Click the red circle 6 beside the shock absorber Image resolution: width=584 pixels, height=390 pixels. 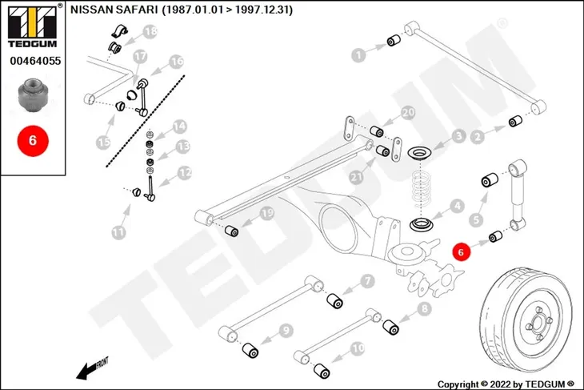click(461, 252)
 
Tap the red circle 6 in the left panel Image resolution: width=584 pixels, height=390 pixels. click(33, 141)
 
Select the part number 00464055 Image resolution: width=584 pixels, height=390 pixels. click(35, 60)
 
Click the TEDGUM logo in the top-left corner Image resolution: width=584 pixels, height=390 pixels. click(33, 26)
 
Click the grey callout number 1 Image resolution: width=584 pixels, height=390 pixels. click(358, 55)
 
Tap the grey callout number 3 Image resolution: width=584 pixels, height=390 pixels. click(459, 136)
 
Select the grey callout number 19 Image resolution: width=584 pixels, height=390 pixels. click(267, 213)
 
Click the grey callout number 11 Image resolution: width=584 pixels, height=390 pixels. click(118, 233)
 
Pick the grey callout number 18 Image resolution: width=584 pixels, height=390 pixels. click(150, 31)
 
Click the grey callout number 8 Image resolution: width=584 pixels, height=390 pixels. click(425, 308)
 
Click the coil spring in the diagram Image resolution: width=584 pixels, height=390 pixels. click(422, 189)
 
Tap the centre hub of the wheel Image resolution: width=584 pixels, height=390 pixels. click(538, 324)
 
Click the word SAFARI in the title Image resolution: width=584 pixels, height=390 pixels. click(137, 10)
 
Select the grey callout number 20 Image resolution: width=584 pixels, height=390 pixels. click(408, 112)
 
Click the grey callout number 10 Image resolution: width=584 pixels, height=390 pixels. click(358, 348)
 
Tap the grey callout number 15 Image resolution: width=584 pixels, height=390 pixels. click(103, 142)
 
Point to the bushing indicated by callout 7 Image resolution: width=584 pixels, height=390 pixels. click(335, 301)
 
